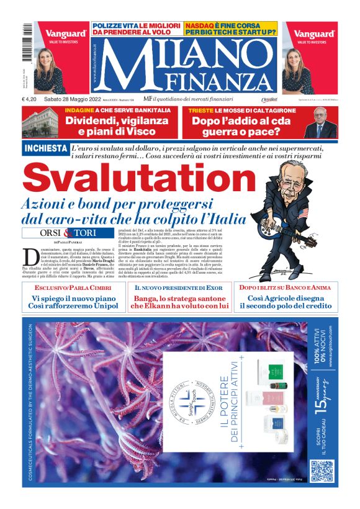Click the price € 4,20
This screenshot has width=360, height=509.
tap(31, 99)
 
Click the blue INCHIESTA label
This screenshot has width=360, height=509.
tap(45, 148)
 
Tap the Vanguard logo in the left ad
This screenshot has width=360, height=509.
tap(61, 34)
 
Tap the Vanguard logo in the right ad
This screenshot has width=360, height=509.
tap(315, 34)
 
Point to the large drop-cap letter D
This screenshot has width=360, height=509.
tap(32, 256)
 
